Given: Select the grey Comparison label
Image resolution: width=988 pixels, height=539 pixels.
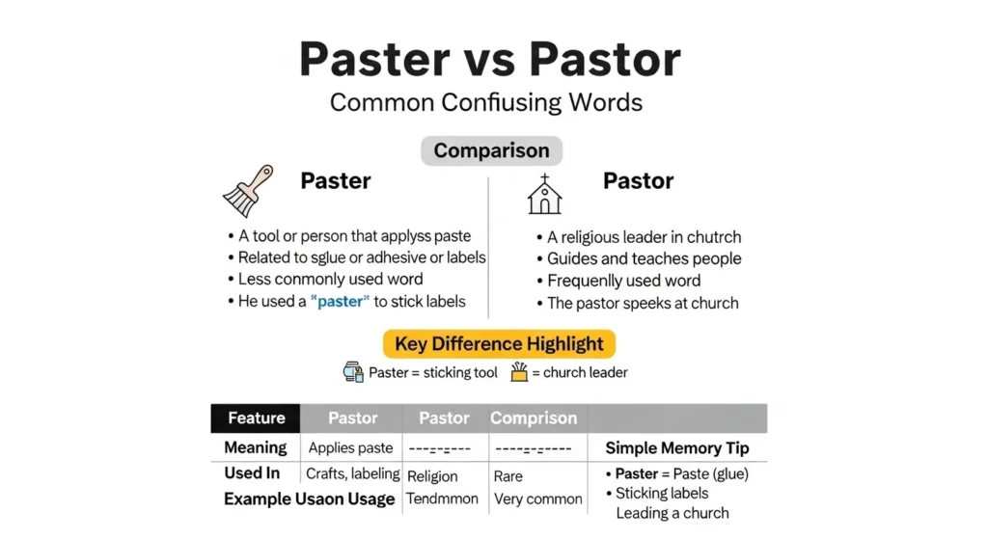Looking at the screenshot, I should (x=491, y=150).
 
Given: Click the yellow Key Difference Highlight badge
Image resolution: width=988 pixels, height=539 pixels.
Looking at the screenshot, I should (x=498, y=344).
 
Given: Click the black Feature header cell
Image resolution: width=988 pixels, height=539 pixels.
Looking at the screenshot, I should (x=256, y=418).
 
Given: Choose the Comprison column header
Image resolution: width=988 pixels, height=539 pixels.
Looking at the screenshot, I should (x=534, y=418).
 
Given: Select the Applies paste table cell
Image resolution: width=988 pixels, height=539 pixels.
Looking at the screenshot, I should (x=350, y=447).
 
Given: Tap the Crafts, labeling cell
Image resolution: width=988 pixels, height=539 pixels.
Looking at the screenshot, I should (x=352, y=473).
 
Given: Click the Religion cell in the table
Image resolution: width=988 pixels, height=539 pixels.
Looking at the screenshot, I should (x=432, y=475).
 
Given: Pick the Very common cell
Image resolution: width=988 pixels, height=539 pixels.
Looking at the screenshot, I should (x=537, y=499).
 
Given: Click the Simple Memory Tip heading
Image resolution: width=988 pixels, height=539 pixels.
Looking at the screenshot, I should (x=676, y=447).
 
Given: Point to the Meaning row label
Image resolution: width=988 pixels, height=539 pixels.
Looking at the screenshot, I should (x=255, y=447).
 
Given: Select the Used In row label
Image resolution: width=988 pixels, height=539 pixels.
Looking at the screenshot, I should (x=252, y=472).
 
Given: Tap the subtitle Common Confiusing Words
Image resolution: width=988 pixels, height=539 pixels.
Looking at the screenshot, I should (x=486, y=102).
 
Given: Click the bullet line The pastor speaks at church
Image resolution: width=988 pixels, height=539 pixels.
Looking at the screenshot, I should (x=638, y=303).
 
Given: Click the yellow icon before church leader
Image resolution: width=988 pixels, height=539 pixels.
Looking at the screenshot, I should (x=519, y=372).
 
